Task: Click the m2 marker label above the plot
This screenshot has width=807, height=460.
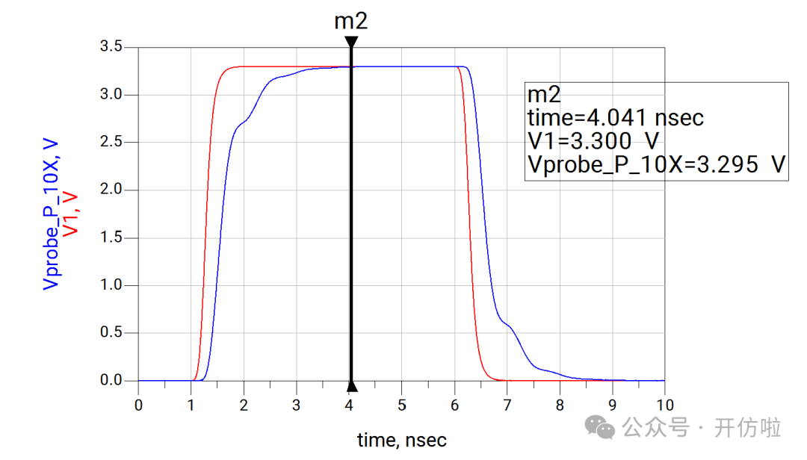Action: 350,21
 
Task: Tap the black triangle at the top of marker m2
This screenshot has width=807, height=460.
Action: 351,42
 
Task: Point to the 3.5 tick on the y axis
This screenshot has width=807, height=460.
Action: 111,47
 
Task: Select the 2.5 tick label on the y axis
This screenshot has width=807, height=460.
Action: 111,143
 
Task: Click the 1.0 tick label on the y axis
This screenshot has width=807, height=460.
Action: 111,286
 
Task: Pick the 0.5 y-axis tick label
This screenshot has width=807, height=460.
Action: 111,333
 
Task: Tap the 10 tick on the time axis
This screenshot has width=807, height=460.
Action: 664,405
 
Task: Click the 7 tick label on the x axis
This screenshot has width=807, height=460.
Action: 507,405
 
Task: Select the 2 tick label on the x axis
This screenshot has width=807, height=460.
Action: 244,405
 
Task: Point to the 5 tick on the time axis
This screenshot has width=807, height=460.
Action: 401,405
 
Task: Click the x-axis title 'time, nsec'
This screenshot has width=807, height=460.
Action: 401,441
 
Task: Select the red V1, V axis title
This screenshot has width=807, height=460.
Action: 70,214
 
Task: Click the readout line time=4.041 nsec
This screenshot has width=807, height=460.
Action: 616,118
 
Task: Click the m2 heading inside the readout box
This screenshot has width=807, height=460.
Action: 544,95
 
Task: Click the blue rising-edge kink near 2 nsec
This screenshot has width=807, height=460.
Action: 243,122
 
